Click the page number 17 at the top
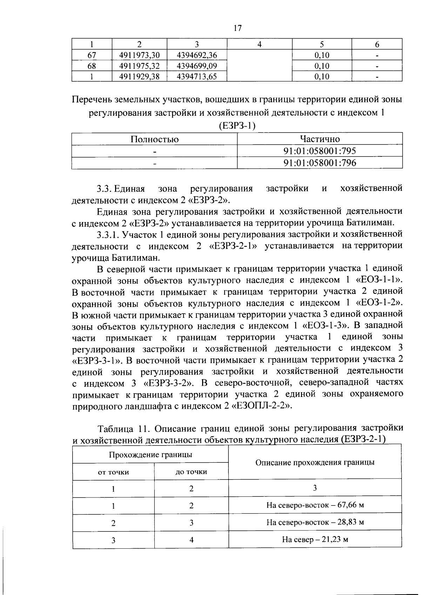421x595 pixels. [237, 28]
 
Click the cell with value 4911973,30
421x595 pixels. [139, 55]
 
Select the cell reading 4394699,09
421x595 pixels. [197, 66]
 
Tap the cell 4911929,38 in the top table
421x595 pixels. [139, 76]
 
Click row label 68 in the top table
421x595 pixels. [92, 66]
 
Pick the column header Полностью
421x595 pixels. [154, 139]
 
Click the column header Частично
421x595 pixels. [320, 139]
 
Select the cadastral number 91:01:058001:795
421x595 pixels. [320, 151]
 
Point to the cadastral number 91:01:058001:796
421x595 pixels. [320, 163]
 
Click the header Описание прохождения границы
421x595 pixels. [315, 462]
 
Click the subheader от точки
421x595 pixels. [113, 472]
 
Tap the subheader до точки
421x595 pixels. [191, 472]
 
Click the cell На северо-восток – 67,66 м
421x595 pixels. [315, 505]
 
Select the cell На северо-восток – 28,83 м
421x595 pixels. [315, 522]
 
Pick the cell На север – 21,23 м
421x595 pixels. [315, 539]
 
